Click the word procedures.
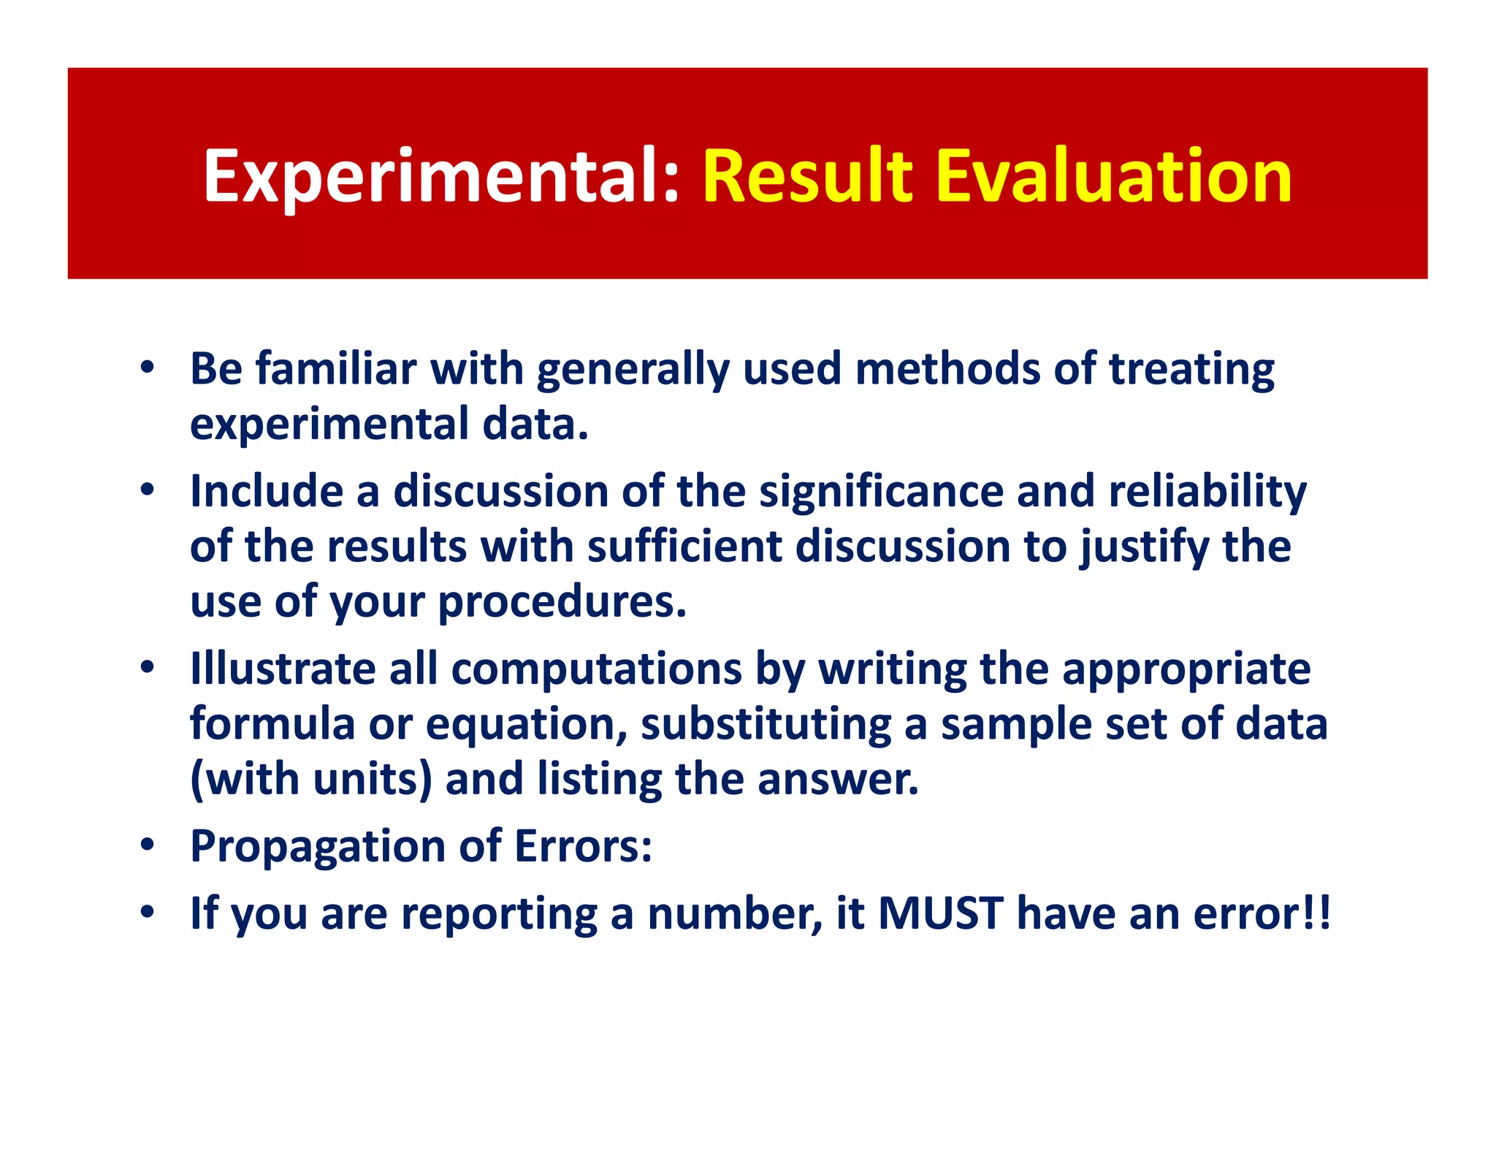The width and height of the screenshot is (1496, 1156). coord(562,602)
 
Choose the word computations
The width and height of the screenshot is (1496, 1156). coord(596,669)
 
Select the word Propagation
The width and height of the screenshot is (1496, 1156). coord(317,847)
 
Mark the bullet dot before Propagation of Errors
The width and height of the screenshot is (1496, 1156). coord(148,845)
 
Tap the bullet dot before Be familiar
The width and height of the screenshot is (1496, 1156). coord(148,367)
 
